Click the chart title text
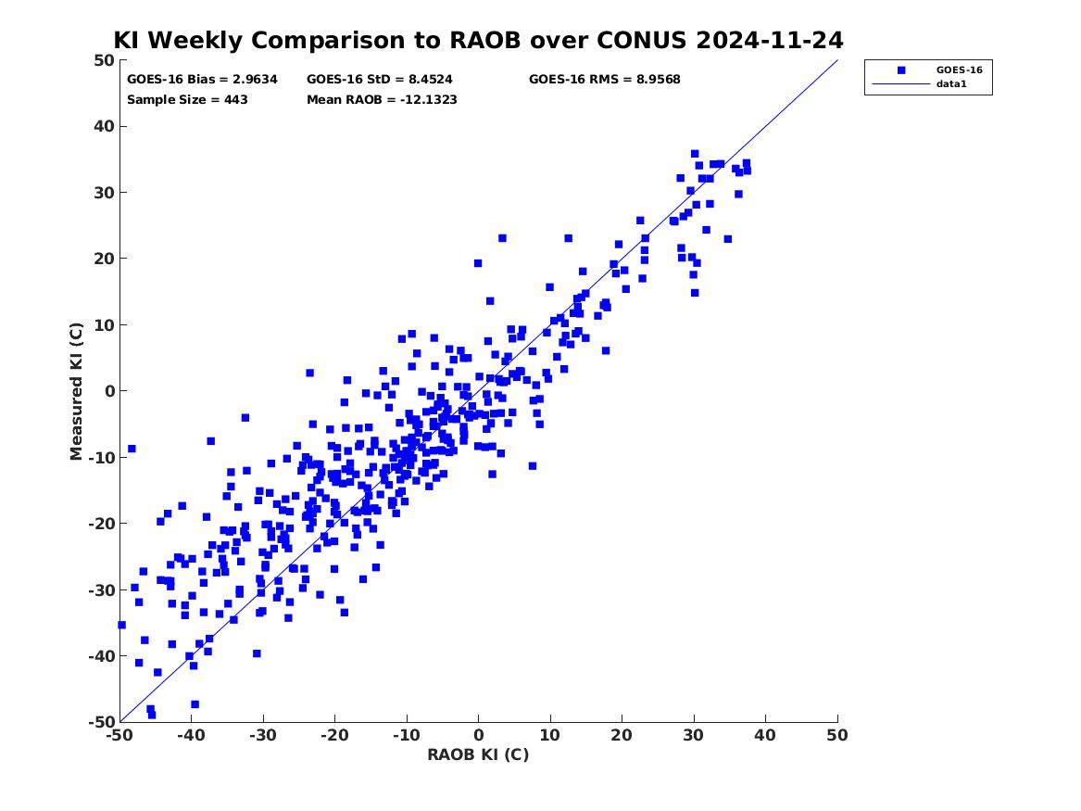[x=478, y=40]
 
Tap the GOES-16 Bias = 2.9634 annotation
[x=202, y=80]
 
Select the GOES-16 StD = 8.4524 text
[x=380, y=80]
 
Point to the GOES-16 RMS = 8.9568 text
[x=605, y=80]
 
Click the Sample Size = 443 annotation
[x=187, y=99]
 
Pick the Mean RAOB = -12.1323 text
[x=382, y=99]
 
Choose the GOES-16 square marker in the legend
[x=901, y=70]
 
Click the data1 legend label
[x=951, y=84]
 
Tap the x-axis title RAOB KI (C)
[x=478, y=754]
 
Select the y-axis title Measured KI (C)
[x=76, y=391]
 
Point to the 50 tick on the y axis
[x=104, y=60]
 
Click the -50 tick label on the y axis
[x=101, y=722]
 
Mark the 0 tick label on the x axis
[x=479, y=735]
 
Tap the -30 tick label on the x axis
[x=263, y=735]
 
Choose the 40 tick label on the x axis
[x=765, y=735]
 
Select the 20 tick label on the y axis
[x=104, y=259]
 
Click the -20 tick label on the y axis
[x=101, y=524]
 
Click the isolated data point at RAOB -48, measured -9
[x=132, y=449]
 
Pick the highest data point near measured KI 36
[x=695, y=154]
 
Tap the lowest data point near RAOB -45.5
[x=152, y=716]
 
